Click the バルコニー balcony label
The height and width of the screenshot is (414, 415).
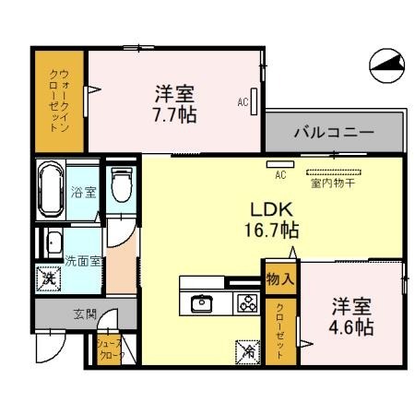(x=333, y=133)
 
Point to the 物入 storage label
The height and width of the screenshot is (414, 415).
(x=280, y=276)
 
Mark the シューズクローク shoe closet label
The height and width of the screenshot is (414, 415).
(x=111, y=349)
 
